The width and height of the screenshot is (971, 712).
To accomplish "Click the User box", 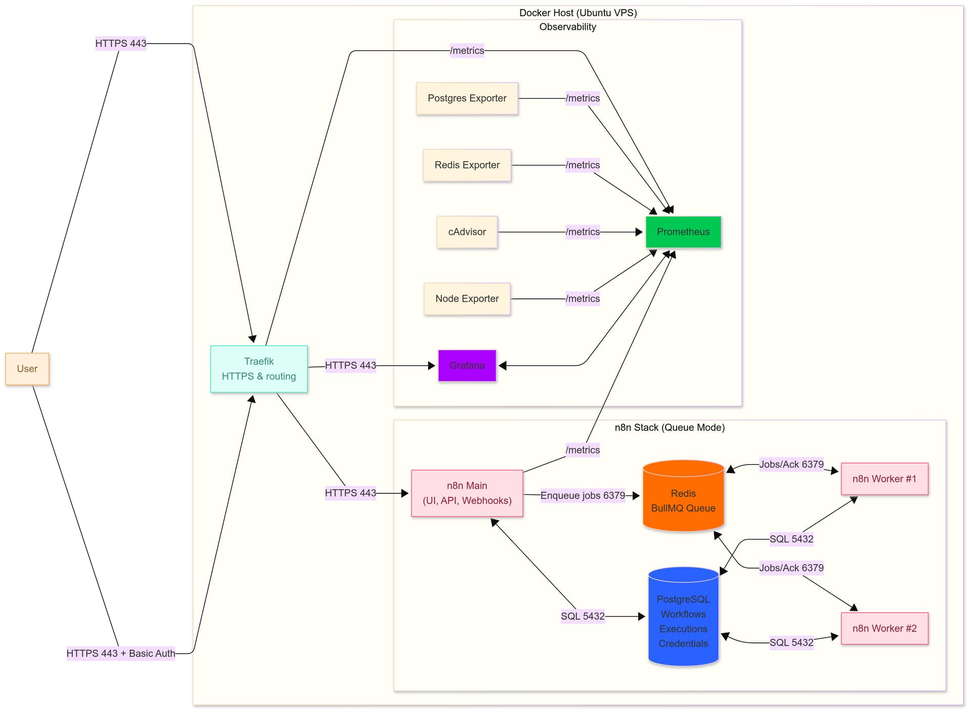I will click(x=27, y=369).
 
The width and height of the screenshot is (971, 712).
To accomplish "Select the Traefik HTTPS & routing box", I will click(x=259, y=369).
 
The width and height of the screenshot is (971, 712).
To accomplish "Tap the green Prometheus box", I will click(x=683, y=232).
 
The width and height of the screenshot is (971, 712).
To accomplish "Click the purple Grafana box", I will click(x=467, y=365).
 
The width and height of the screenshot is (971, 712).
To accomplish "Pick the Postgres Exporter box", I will click(x=467, y=99).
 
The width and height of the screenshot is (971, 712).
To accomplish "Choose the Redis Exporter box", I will click(x=467, y=165).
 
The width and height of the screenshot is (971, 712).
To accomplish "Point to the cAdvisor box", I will click(x=467, y=232).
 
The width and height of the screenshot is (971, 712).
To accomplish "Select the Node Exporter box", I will click(x=467, y=299).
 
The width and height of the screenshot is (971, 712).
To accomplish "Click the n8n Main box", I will click(x=467, y=493).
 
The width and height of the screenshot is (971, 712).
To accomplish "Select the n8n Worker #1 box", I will click(x=885, y=479).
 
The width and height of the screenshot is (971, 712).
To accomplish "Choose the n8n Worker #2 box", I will click(x=885, y=629).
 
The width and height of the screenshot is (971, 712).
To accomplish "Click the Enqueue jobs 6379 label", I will click(x=583, y=496).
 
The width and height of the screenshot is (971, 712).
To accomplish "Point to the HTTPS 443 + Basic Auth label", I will click(x=121, y=653).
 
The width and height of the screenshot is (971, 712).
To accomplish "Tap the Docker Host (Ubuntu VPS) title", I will click(x=578, y=13).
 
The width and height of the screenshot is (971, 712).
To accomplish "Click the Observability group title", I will click(x=567, y=27).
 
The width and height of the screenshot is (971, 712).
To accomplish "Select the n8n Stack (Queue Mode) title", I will click(x=670, y=428).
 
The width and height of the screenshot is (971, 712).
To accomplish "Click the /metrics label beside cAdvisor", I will click(x=583, y=232).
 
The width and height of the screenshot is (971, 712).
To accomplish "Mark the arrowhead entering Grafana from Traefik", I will click(x=432, y=365).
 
